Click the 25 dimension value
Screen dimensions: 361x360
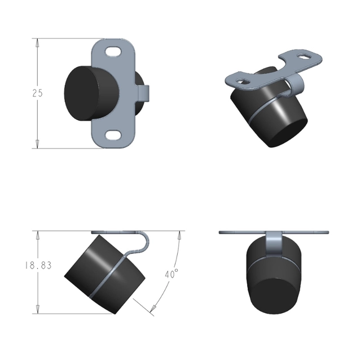click(37, 93)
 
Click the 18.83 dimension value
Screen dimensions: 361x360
click(38, 265)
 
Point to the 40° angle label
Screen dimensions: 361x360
click(171, 274)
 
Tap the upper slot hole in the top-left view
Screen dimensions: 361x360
click(113, 51)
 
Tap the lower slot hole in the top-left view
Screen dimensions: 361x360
click(113, 135)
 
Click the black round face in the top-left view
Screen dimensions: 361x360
click(83, 93)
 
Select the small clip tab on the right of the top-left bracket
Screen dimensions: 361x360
click(144, 93)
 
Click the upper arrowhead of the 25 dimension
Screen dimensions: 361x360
click(37, 43)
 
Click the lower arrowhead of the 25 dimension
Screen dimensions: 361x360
click(37, 144)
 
